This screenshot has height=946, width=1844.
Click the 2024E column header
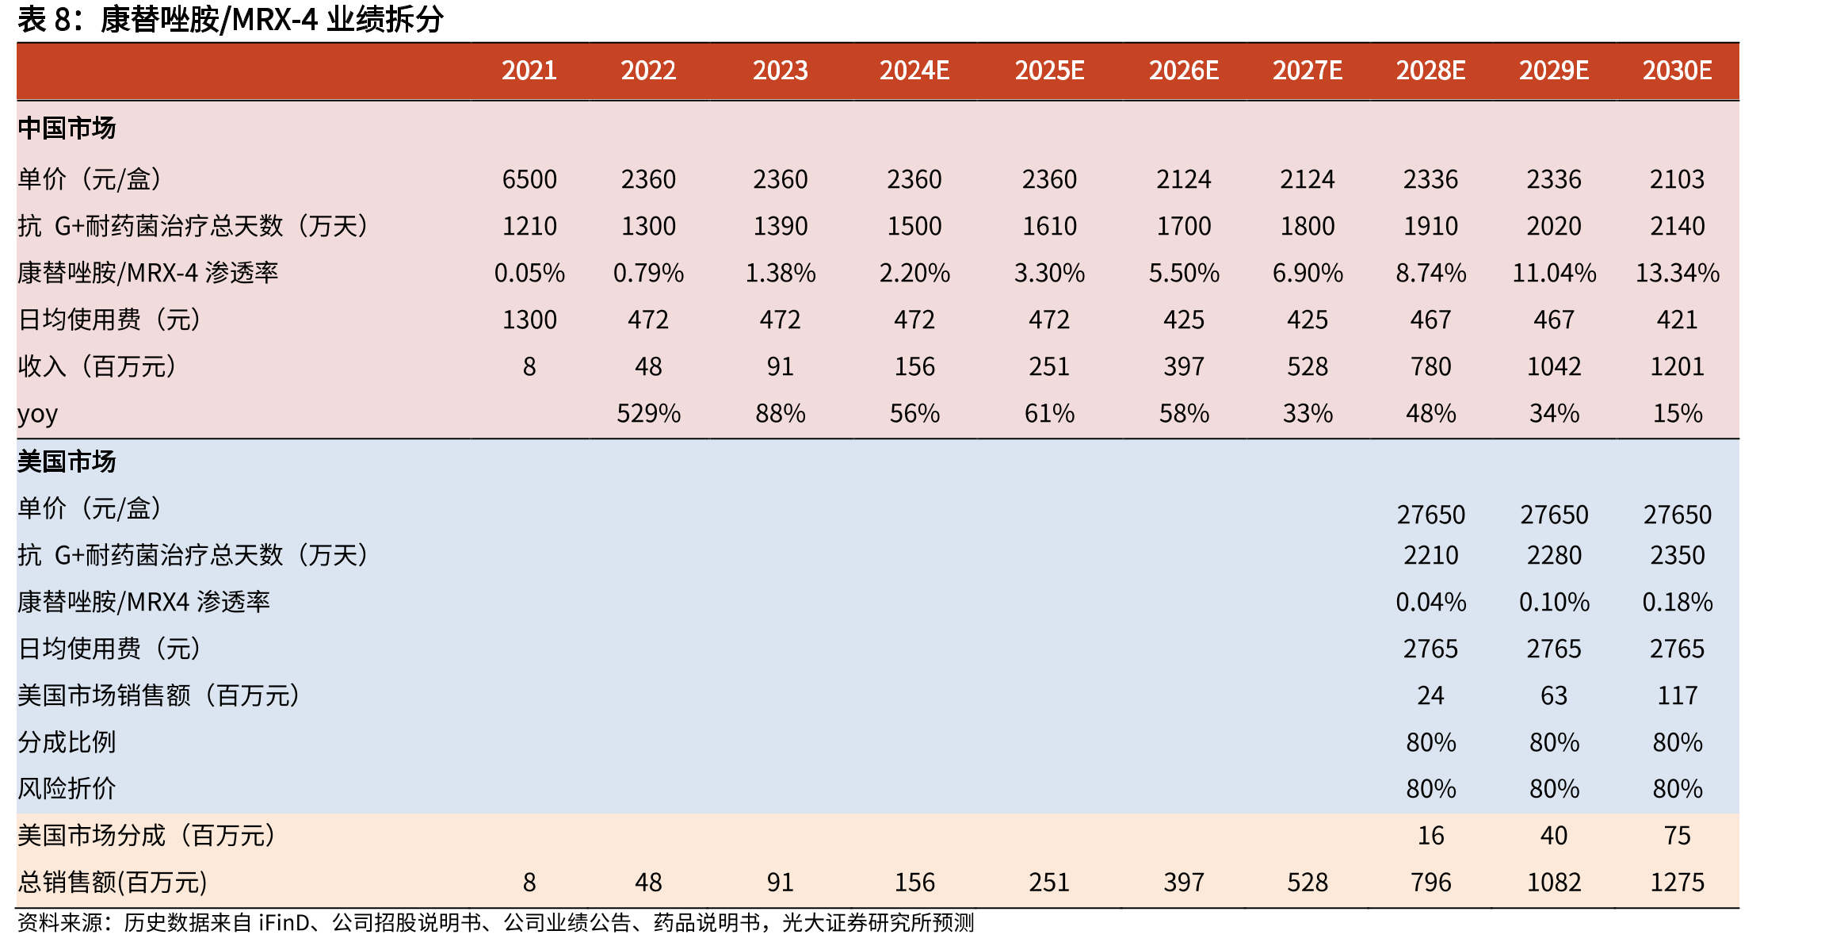tap(914, 71)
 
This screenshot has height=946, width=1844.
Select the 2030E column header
tap(1677, 71)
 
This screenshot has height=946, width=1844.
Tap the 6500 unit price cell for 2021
tap(529, 179)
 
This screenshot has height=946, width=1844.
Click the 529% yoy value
tap(648, 413)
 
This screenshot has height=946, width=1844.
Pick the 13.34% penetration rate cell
tap(1678, 273)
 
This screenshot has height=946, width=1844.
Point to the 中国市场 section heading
tap(67, 128)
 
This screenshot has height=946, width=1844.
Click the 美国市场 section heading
tap(67, 462)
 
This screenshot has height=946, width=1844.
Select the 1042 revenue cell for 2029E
tap(1554, 366)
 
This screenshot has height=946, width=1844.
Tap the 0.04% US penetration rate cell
tap(1431, 602)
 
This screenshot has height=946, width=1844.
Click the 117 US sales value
tap(1678, 695)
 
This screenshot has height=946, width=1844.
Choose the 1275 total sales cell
tap(1678, 882)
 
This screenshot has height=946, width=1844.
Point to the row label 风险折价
tap(67, 789)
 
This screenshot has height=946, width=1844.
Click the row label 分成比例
tap(67, 742)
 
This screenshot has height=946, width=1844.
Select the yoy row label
tap(37, 415)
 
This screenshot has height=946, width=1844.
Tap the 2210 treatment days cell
tap(1431, 555)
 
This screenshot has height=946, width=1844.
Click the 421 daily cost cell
tap(1678, 320)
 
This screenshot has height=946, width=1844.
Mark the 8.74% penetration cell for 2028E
tap(1431, 273)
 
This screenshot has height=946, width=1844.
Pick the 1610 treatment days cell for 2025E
tap(1049, 226)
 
